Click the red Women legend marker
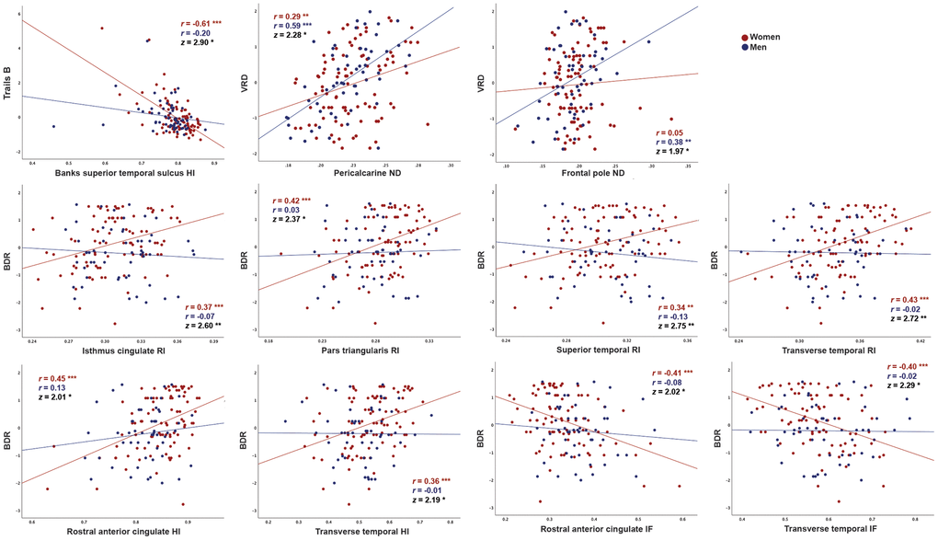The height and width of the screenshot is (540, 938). coord(745,37)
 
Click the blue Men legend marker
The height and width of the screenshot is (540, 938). coord(745,47)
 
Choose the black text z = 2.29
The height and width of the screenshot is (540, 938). coord(906,389)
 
